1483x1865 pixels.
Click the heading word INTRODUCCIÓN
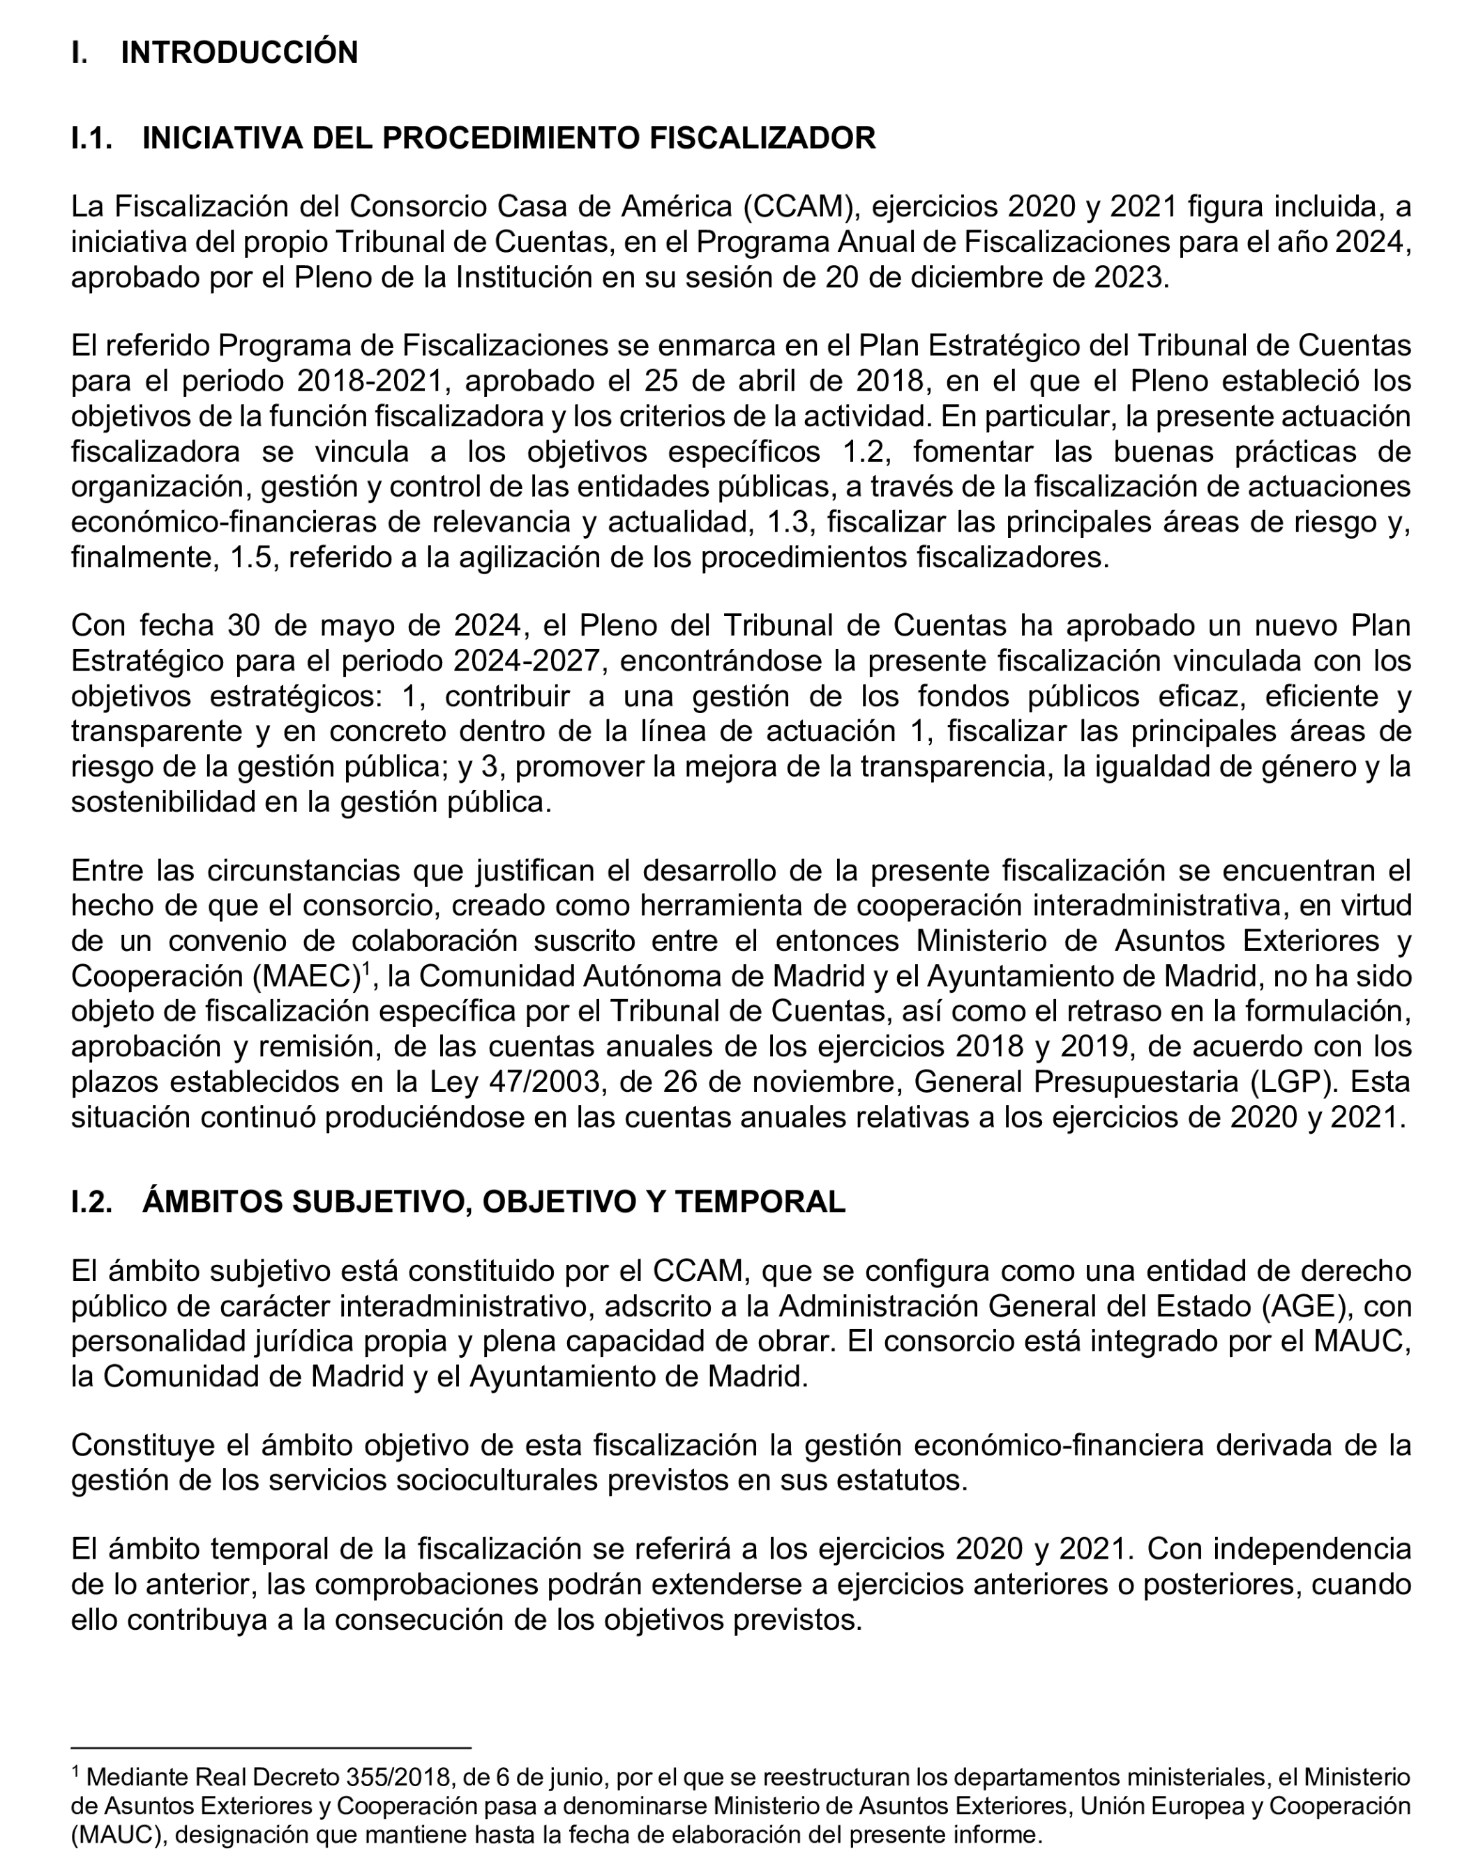coord(239,53)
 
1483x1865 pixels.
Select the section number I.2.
coord(91,1201)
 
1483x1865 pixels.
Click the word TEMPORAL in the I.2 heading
coord(759,1201)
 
